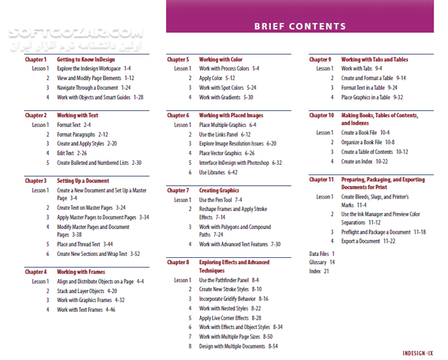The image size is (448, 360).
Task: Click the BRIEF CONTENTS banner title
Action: [x=300, y=27]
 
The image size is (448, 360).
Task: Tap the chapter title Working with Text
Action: [x=77, y=116]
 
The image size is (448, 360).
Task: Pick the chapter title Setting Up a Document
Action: [x=83, y=181]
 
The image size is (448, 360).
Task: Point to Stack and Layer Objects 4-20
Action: [x=87, y=291]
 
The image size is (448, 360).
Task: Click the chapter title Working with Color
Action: [x=221, y=60]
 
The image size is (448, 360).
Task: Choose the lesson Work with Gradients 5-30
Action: [x=226, y=97]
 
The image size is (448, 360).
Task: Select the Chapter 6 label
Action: [x=178, y=116]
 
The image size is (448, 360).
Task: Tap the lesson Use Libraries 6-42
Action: [x=218, y=172]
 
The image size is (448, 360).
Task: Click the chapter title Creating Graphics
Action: [x=219, y=190]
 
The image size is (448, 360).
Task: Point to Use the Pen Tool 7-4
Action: [x=221, y=200]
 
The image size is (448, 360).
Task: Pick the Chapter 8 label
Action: [x=178, y=263]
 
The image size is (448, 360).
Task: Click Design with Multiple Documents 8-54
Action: [x=238, y=346]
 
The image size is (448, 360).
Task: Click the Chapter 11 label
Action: [x=322, y=179]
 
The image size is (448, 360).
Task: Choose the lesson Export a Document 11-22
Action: [x=368, y=241]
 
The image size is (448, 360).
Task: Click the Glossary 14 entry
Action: [x=322, y=262]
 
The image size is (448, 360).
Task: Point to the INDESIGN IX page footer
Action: [x=418, y=353]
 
